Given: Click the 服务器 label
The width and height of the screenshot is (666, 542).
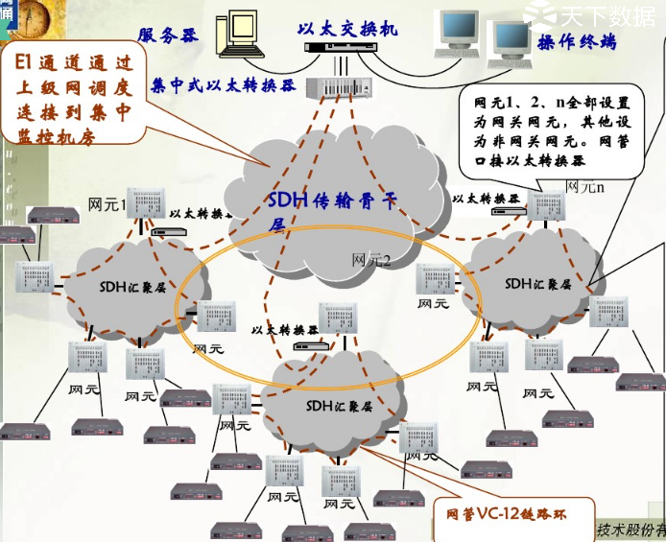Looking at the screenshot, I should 168,35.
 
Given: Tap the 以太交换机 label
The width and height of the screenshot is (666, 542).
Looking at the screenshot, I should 347,29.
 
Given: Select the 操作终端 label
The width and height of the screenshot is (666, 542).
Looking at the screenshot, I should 576,42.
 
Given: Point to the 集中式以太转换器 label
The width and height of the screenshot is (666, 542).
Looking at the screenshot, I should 224,84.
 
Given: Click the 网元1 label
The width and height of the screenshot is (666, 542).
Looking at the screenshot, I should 107,203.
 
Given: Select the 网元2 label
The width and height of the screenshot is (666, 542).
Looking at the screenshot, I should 371,259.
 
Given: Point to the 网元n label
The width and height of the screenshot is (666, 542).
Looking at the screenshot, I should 584,186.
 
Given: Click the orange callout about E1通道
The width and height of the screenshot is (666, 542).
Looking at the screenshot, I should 76,96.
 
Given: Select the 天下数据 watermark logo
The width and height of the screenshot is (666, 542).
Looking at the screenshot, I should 596,14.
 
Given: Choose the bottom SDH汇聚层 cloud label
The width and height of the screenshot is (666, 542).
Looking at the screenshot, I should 339,406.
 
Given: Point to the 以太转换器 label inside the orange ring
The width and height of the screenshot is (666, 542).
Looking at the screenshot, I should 284,329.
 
